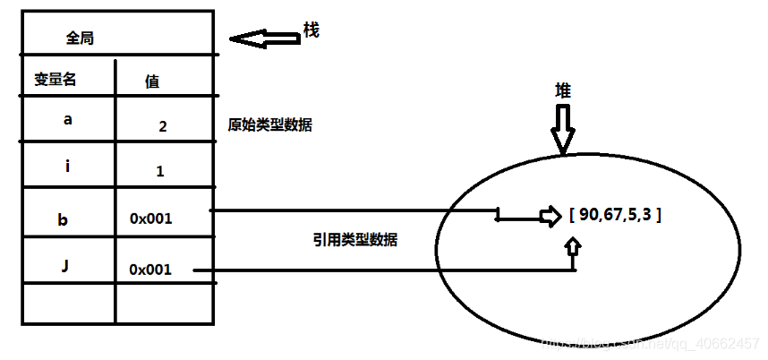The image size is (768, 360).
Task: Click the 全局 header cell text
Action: [x=81, y=39]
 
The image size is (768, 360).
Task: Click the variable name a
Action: [x=68, y=118]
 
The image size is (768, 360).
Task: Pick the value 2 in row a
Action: [x=162, y=126]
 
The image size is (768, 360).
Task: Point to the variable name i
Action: [x=68, y=167]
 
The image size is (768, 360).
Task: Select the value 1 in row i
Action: [x=159, y=171]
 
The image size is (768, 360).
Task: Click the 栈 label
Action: [x=311, y=31]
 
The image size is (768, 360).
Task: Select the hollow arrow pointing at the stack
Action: [x=264, y=39]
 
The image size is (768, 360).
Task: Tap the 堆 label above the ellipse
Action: [x=562, y=91]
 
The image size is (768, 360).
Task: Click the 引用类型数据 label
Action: [x=355, y=239]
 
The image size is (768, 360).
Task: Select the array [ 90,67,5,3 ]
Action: [x=615, y=216]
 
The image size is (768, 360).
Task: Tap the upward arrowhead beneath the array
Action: [x=574, y=244]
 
